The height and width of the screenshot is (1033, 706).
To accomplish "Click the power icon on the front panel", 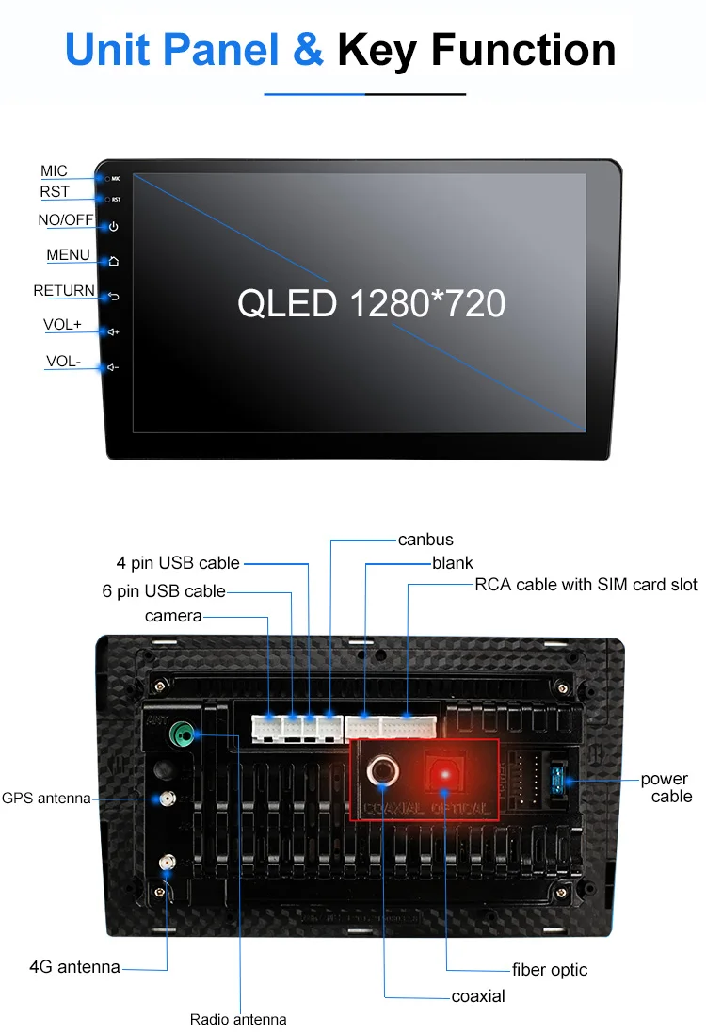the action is point(113,227).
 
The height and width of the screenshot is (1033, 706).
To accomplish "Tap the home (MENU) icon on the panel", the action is point(113,262).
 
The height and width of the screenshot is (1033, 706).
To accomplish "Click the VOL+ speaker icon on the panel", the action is point(113,332).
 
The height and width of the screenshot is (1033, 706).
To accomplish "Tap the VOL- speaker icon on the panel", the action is point(113,367).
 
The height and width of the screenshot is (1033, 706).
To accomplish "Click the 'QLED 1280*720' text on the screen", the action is point(371,304).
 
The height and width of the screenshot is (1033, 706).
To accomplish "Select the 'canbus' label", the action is point(425,540).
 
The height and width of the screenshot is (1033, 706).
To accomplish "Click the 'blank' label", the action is point(453,563).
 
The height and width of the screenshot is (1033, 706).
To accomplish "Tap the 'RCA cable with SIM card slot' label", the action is point(586,585).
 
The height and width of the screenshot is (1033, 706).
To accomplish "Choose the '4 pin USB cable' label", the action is point(178,563).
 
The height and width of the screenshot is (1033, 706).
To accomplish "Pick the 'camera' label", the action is point(173,616).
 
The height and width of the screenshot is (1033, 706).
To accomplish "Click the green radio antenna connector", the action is point(182,733).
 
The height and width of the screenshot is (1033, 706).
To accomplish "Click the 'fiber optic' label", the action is point(550,970).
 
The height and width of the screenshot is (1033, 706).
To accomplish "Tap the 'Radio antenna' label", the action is point(238,1019).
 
